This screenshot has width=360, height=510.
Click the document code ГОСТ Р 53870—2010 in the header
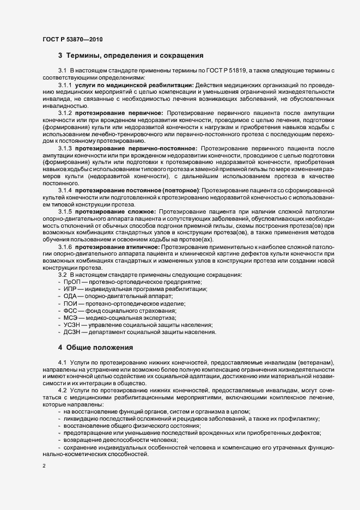coord(72,39)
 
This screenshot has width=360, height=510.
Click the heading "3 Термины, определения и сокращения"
coord(131,56)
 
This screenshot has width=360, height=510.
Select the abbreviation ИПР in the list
coord(71,289)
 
